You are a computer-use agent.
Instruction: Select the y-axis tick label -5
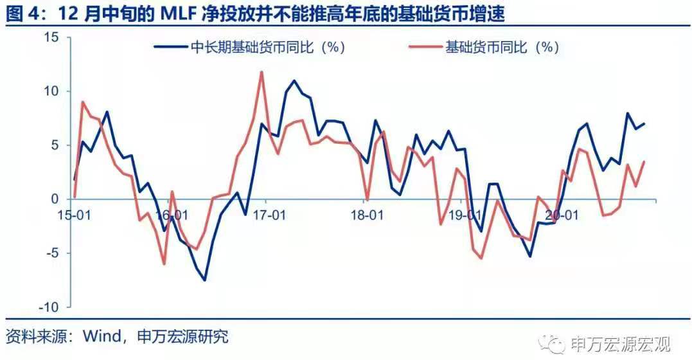54,253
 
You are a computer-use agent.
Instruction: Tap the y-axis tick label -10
51,307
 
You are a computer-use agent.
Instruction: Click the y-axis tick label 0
57,199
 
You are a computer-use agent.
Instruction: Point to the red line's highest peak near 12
262,72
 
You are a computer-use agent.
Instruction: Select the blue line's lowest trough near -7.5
205,280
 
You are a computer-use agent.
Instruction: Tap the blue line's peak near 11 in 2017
294,81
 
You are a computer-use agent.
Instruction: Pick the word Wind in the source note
100,336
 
